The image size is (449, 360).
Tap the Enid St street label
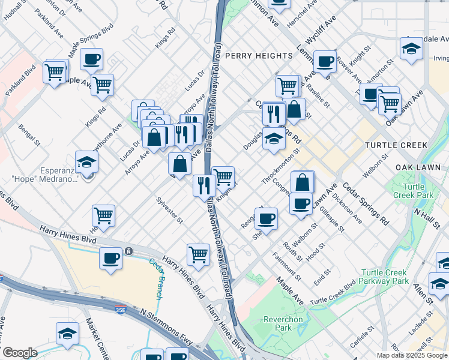pyautogui.click(x=322, y=278)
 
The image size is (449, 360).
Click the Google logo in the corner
pyautogui.click(x=20, y=353)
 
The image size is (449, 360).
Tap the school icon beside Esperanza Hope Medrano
pyautogui.click(x=87, y=162)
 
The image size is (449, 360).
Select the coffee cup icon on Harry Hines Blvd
pyautogui.click(x=110, y=259)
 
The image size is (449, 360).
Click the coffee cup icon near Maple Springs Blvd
pyautogui.click(x=91, y=59)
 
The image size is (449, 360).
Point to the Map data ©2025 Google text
pyautogui.click(x=412, y=355)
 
